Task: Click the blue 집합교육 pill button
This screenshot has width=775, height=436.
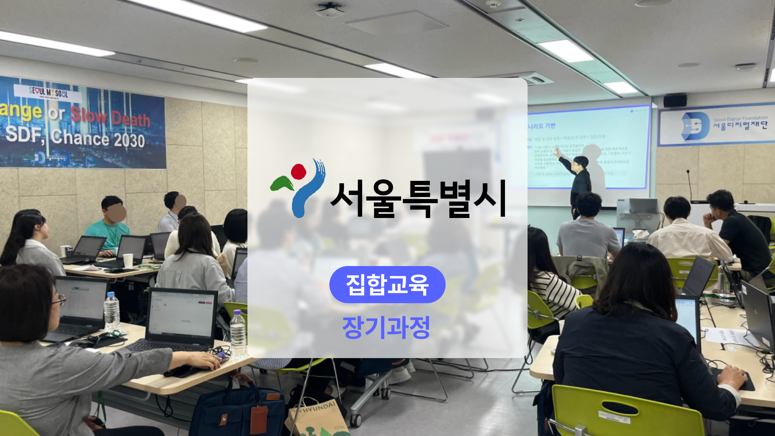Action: pos(387,285)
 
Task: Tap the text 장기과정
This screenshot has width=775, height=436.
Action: pos(386,327)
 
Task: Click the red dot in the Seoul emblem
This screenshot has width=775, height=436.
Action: pos(299,172)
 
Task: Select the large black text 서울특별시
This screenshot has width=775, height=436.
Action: pos(418,199)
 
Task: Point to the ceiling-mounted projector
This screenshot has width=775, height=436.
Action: pos(329,10)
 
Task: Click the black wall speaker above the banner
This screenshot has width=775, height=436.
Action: pos(675,100)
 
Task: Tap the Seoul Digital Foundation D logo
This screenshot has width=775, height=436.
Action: pos(695,126)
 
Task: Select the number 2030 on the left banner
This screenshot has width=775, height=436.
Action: pos(129,140)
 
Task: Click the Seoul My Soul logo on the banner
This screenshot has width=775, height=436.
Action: pos(48,92)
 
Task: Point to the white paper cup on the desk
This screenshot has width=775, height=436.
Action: pos(128,261)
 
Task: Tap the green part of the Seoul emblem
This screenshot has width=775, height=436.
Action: pos(282,184)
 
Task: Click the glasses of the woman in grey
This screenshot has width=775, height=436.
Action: pos(59,299)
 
